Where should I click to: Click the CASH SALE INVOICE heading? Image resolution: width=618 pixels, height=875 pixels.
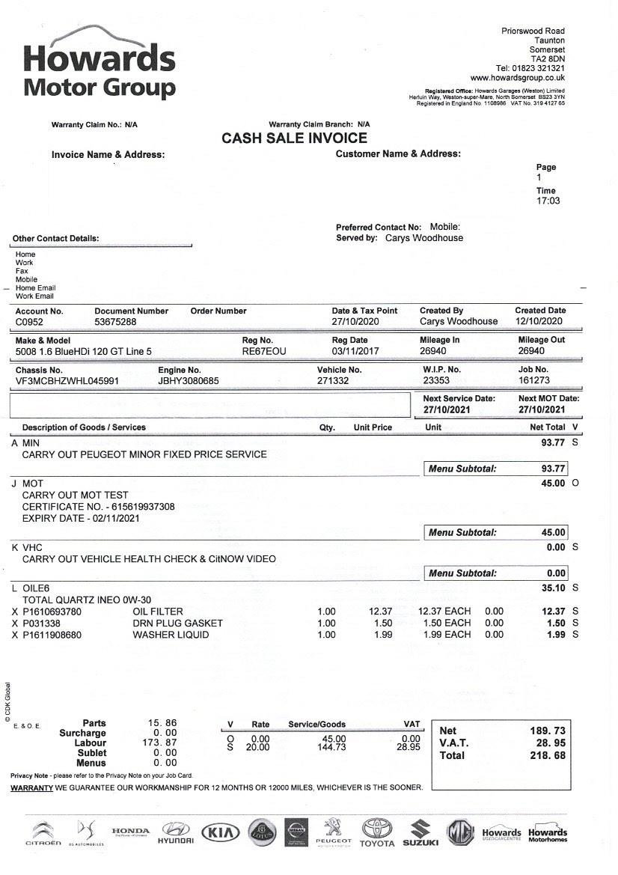pyautogui.click(x=294, y=138)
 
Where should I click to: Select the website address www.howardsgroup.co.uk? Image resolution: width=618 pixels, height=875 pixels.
pyautogui.click(x=517, y=78)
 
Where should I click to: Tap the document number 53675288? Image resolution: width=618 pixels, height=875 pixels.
pyautogui.click(x=116, y=322)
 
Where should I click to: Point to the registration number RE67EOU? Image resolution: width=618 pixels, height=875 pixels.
pyautogui.click(x=263, y=351)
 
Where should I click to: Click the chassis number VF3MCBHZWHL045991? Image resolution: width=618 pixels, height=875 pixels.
pyautogui.click(x=67, y=381)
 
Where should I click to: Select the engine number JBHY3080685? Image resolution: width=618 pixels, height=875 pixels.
pyautogui.click(x=189, y=381)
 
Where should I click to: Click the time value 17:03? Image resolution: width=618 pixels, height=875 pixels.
pyautogui.click(x=548, y=201)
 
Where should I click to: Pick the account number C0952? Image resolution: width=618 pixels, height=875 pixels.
pyautogui.click(x=30, y=322)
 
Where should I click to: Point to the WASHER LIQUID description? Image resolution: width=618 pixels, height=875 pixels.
pyautogui.click(x=171, y=635)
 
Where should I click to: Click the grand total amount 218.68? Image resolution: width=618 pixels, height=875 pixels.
pyautogui.click(x=548, y=756)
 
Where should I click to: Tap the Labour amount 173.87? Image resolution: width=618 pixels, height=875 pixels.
pyautogui.click(x=162, y=743)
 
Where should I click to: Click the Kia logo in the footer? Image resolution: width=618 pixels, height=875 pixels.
pyautogui.click(x=221, y=832)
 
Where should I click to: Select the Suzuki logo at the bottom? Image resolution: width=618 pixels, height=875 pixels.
pyautogui.click(x=420, y=833)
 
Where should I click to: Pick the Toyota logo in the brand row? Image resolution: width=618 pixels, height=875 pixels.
pyautogui.click(x=376, y=832)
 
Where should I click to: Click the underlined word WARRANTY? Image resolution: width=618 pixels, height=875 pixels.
pyautogui.click(x=31, y=788)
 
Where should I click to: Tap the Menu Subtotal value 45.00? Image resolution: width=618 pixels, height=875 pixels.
pyautogui.click(x=553, y=533)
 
